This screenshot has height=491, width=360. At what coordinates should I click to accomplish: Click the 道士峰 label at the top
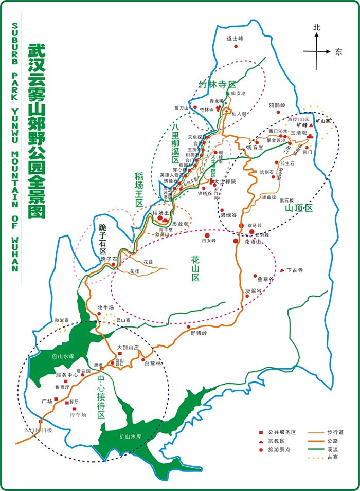235,39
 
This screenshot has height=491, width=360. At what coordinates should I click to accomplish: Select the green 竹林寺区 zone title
217,84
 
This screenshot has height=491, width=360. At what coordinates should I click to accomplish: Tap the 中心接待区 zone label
101,396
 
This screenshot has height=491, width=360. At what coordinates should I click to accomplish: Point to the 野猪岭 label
198,333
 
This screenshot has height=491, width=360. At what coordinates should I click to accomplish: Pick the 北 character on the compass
317,28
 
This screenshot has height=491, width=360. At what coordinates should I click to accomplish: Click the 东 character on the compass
338,51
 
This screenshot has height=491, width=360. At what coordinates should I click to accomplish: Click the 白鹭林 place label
153,363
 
